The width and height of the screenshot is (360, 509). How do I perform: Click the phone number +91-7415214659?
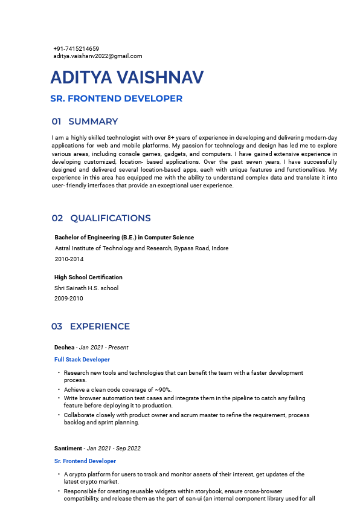76,48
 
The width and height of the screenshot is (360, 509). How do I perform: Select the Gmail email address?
98,56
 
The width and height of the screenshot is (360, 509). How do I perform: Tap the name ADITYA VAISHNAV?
127,78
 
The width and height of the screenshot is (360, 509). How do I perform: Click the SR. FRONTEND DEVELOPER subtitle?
116,99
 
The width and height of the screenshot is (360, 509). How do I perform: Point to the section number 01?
56,122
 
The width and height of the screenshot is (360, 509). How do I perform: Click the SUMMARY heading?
93,122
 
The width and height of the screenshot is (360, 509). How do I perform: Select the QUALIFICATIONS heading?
111,218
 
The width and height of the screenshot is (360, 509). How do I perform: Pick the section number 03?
57,326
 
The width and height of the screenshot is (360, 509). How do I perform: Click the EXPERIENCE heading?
100,326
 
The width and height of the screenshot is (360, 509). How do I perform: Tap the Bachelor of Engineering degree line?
124,238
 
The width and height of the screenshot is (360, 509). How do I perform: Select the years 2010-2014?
69,259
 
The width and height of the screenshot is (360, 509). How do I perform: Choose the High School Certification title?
88,277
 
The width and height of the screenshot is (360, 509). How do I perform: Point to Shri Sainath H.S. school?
86,288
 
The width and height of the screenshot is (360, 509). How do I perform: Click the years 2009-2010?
69,299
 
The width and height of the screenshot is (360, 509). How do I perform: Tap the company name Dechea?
64,348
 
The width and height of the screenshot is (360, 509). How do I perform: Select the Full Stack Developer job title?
82,360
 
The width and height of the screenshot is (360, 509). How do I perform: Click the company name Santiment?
68,449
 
